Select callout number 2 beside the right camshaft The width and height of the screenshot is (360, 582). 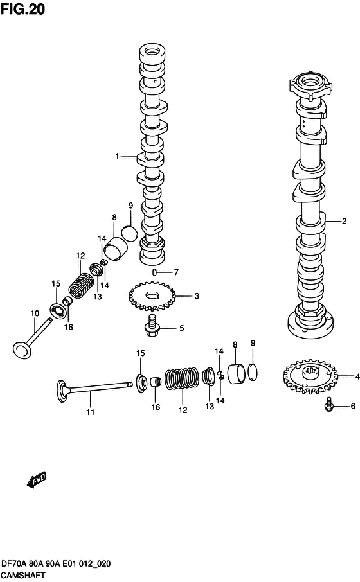[344, 222]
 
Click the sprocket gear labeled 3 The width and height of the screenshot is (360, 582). [152, 295]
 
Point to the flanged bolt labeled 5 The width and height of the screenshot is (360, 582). [154, 326]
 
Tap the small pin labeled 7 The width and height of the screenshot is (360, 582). [155, 272]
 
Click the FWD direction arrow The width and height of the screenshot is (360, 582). [37, 480]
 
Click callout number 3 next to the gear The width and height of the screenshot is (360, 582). [197, 296]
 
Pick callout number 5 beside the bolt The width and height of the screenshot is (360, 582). [181, 329]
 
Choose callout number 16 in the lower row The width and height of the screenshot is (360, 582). [155, 407]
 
